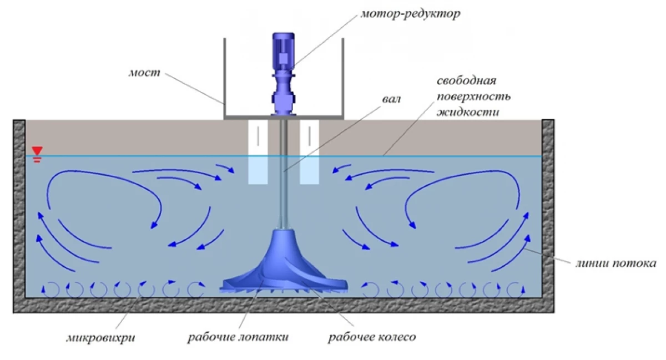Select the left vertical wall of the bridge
pos(224,78)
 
